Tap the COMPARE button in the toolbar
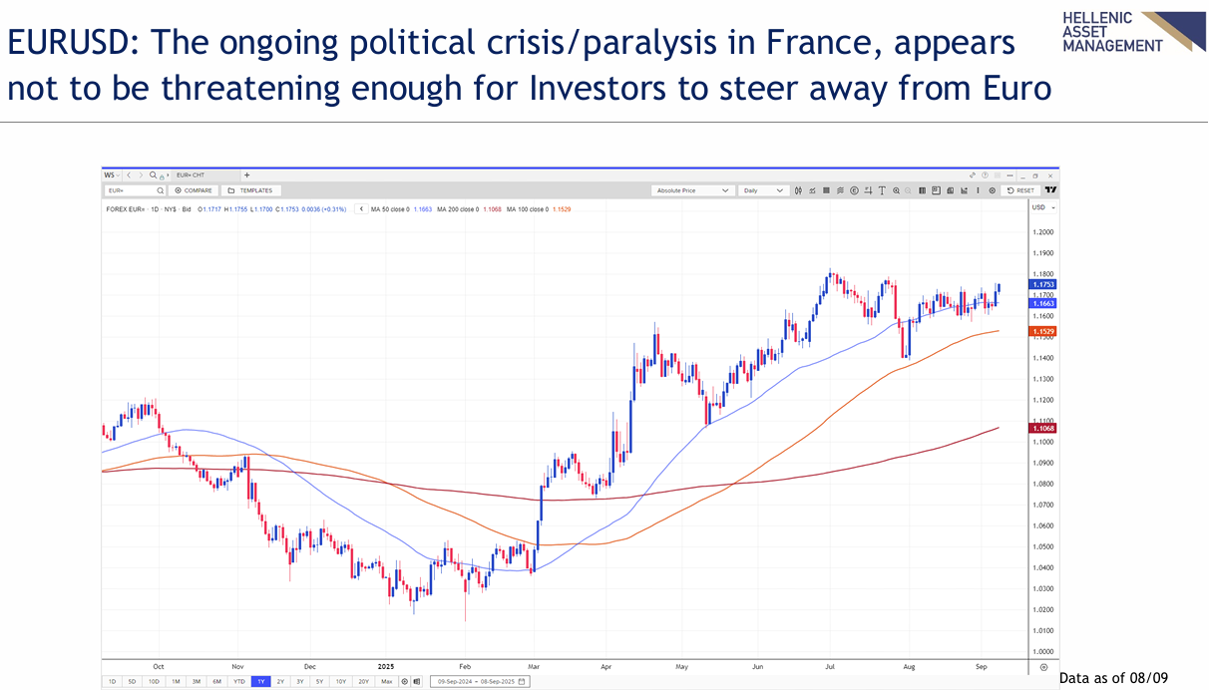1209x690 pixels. point(195,190)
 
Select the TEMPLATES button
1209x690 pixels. point(250,190)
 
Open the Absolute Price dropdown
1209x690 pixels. point(693,190)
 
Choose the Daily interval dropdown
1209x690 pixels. point(764,190)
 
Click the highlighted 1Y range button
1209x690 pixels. point(260,681)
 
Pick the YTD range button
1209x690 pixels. point(239,681)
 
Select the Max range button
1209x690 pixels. point(387,681)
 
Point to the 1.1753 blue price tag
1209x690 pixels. point(1042,285)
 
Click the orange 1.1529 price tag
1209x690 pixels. point(1042,331)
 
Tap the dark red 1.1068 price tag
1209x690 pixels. point(1042,428)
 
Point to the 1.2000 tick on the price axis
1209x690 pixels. point(1042,231)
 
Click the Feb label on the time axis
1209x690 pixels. point(464,665)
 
